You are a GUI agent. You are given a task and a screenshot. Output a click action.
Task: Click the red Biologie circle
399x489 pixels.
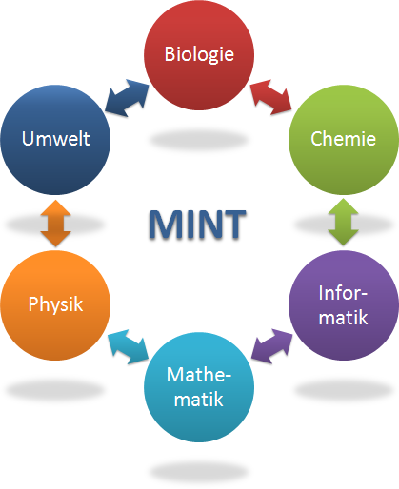click(x=199, y=55)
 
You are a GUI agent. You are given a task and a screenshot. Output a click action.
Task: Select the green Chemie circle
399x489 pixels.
click(x=344, y=140)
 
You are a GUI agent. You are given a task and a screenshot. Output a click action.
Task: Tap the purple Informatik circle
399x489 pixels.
click(x=344, y=305)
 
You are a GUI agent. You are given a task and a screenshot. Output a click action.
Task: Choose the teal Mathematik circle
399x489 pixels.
click(x=199, y=387)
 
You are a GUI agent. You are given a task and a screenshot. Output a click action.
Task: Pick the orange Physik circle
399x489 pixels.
click(x=55, y=305)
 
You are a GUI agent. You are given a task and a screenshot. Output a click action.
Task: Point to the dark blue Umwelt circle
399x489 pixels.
click(x=55, y=140)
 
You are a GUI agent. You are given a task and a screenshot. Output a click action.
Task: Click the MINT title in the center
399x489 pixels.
click(x=197, y=224)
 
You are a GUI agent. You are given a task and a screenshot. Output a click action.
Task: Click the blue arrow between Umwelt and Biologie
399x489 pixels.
click(x=127, y=98)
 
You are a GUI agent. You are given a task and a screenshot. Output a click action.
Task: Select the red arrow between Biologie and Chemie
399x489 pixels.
click(x=271, y=97)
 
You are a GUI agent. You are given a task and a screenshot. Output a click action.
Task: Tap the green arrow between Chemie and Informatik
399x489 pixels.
click(x=343, y=222)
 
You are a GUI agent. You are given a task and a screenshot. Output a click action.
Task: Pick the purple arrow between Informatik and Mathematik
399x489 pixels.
click(x=271, y=346)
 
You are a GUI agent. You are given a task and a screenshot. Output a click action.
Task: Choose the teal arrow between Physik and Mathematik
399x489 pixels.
click(x=128, y=346)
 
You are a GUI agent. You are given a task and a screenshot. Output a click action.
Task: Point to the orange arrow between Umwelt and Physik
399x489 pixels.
click(x=55, y=223)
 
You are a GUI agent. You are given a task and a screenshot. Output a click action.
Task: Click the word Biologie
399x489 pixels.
click(x=199, y=54)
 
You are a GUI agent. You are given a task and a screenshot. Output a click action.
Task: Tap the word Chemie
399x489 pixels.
click(x=343, y=139)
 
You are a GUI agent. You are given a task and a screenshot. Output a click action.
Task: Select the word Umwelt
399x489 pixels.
click(x=55, y=139)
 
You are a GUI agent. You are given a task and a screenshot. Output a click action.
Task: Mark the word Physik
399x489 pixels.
click(x=55, y=304)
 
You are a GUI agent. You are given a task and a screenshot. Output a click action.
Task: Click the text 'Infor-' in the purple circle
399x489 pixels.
click(x=343, y=293)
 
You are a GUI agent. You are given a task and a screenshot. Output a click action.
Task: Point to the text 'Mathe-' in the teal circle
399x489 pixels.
click(x=199, y=375)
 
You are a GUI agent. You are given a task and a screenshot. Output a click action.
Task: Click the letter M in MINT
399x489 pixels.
click(x=164, y=224)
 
